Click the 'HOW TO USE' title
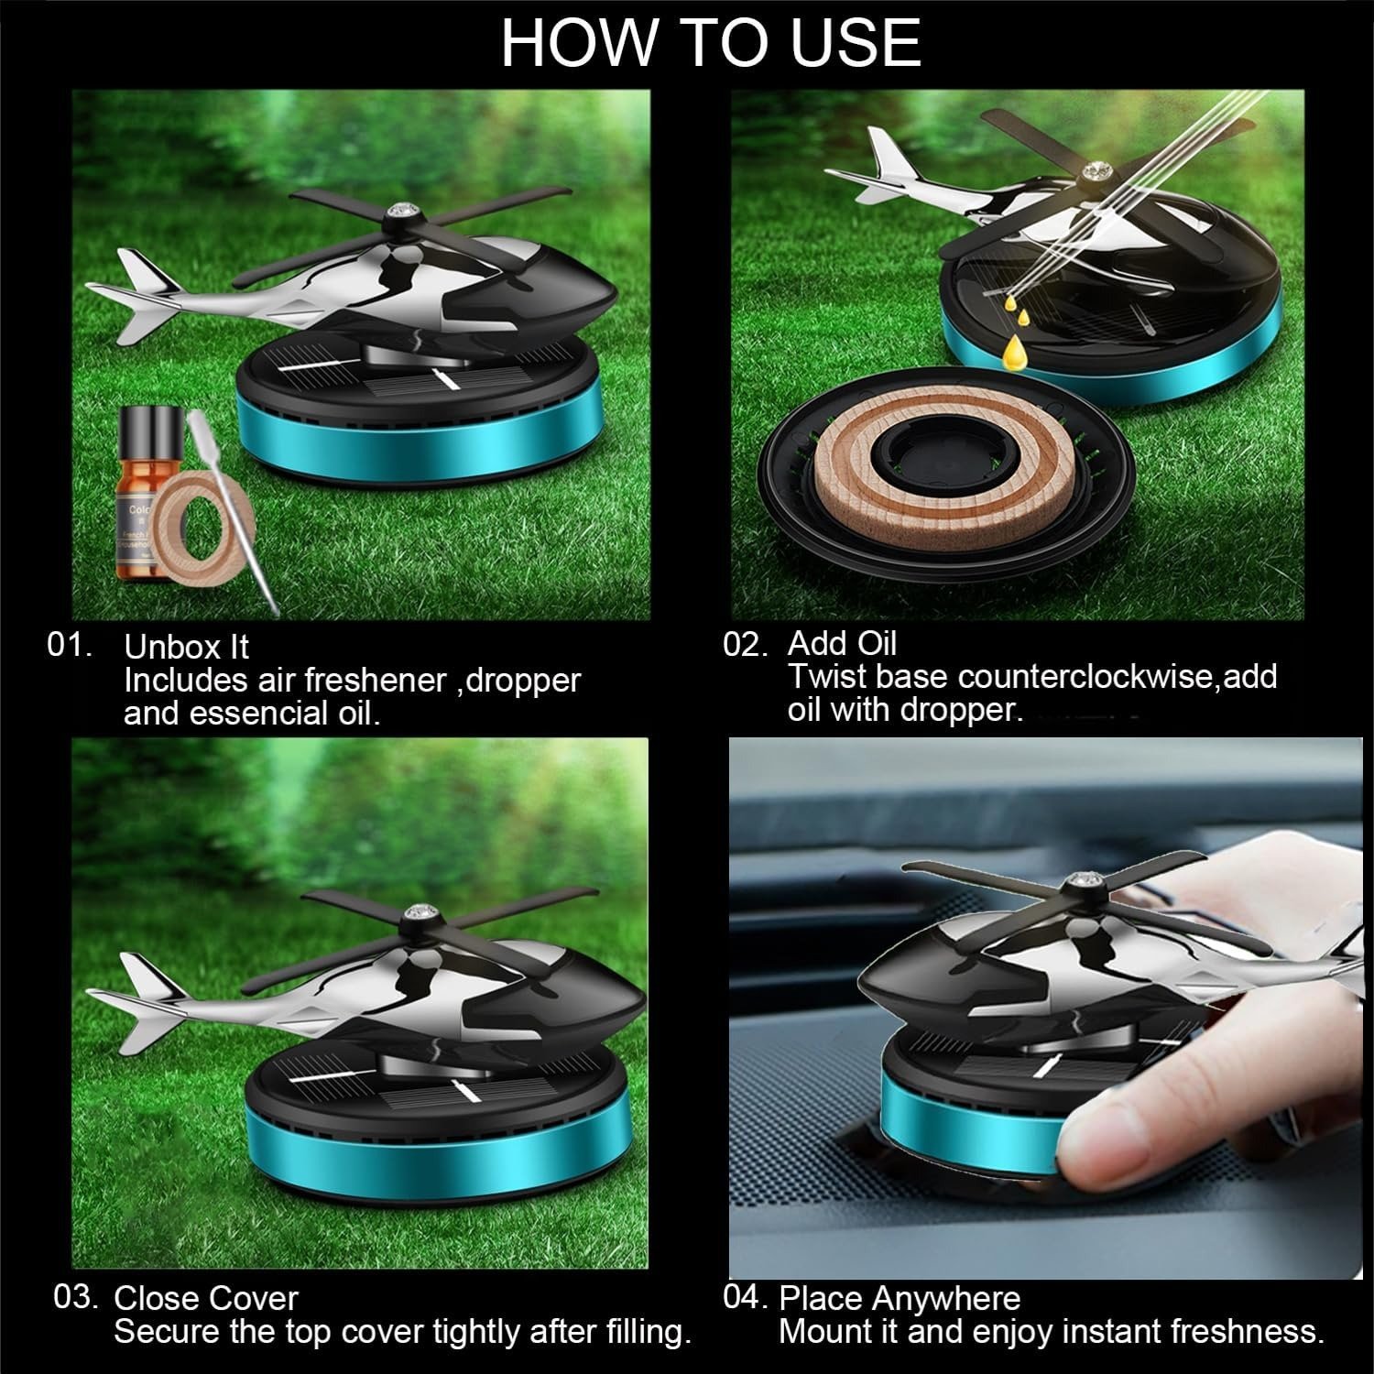coord(711,42)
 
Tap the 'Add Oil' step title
coord(842,643)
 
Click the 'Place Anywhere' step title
coord(900,1299)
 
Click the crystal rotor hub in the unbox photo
coord(400,212)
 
